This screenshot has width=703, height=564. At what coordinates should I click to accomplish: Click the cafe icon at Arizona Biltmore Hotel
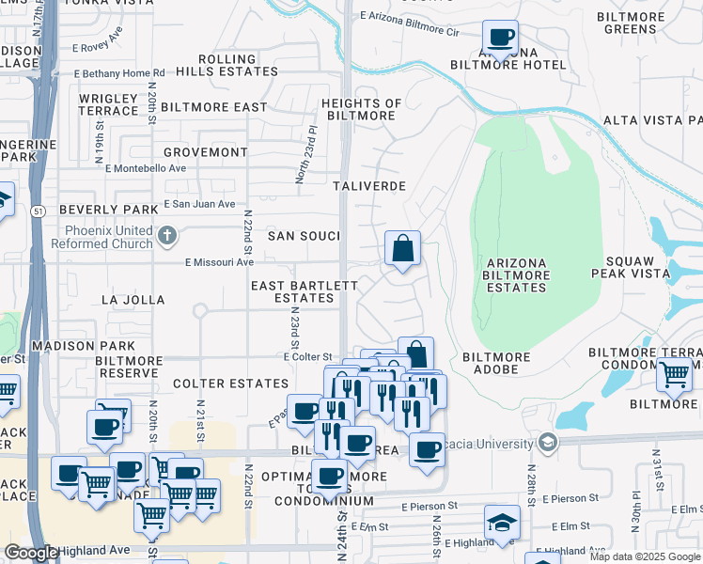tap(501, 39)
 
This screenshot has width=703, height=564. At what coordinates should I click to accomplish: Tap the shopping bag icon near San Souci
tap(402, 249)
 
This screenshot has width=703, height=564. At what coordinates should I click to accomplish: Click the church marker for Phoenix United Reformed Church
tap(167, 235)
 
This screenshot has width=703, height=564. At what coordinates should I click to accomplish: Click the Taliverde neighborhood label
tap(370, 186)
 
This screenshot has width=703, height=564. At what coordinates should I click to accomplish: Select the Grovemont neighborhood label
tap(205, 151)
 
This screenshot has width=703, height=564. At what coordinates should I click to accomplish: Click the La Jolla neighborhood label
tap(133, 300)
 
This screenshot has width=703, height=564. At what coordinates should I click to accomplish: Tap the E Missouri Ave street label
tap(219, 263)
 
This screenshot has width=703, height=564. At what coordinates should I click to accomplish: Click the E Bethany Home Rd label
tap(119, 72)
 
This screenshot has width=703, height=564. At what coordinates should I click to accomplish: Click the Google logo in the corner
tap(31, 553)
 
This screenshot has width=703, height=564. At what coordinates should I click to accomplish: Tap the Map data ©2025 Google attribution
tap(645, 556)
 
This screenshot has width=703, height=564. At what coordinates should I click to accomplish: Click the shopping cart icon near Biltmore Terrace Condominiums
tap(674, 373)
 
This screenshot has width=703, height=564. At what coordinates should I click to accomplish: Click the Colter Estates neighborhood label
tap(230, 384)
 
